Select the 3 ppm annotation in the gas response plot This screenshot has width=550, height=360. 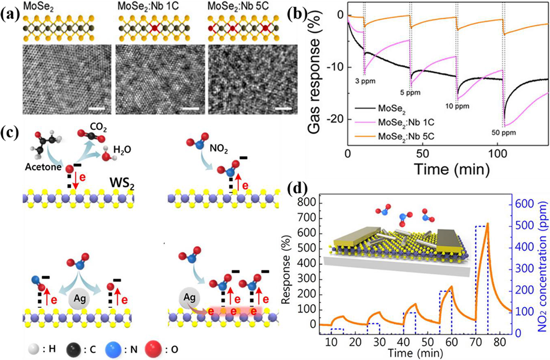coord(365,81)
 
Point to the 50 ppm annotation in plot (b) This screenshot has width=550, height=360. coord(504,133)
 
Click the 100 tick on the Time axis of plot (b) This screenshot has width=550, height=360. coord(498,154)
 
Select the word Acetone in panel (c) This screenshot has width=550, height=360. coord(43,167)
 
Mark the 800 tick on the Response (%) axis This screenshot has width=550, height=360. coord(306,203)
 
